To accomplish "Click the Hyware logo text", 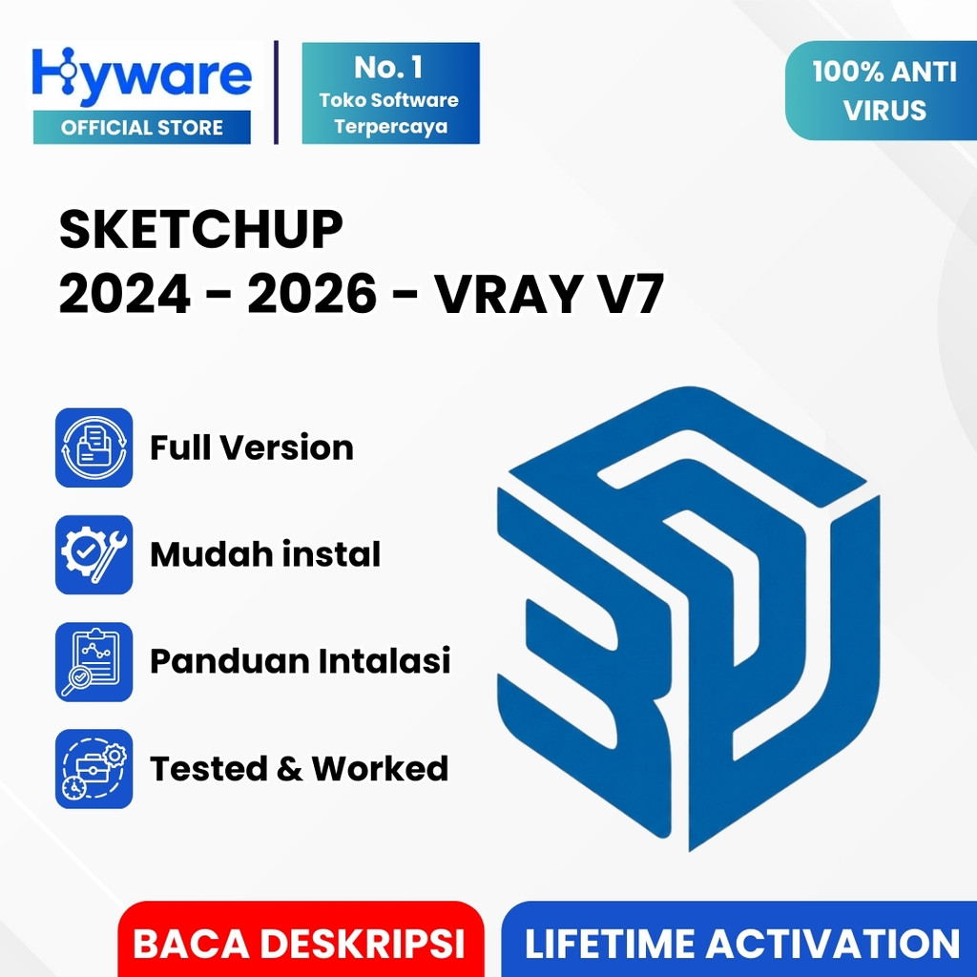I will click(x=142, y=74).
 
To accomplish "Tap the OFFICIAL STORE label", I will click(x=142, y=128).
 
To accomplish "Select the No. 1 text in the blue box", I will click(x=389, y=68).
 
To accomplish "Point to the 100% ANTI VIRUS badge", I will click(x=883, y=92).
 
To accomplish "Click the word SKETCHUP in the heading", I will click(x=200, y=231).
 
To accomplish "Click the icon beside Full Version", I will click(x=94, y=447).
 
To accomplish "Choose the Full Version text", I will click(x=252, y=447).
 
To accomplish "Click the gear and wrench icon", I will click(x=94, y=554).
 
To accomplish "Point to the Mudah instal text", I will click(x=265, y=554).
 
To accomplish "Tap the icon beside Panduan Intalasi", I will click(x=94, y=661).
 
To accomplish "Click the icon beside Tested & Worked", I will click(x=94, y=768).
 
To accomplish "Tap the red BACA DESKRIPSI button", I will click(x=299, y=944).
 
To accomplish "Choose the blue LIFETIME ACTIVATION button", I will click(x=741, y=944).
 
